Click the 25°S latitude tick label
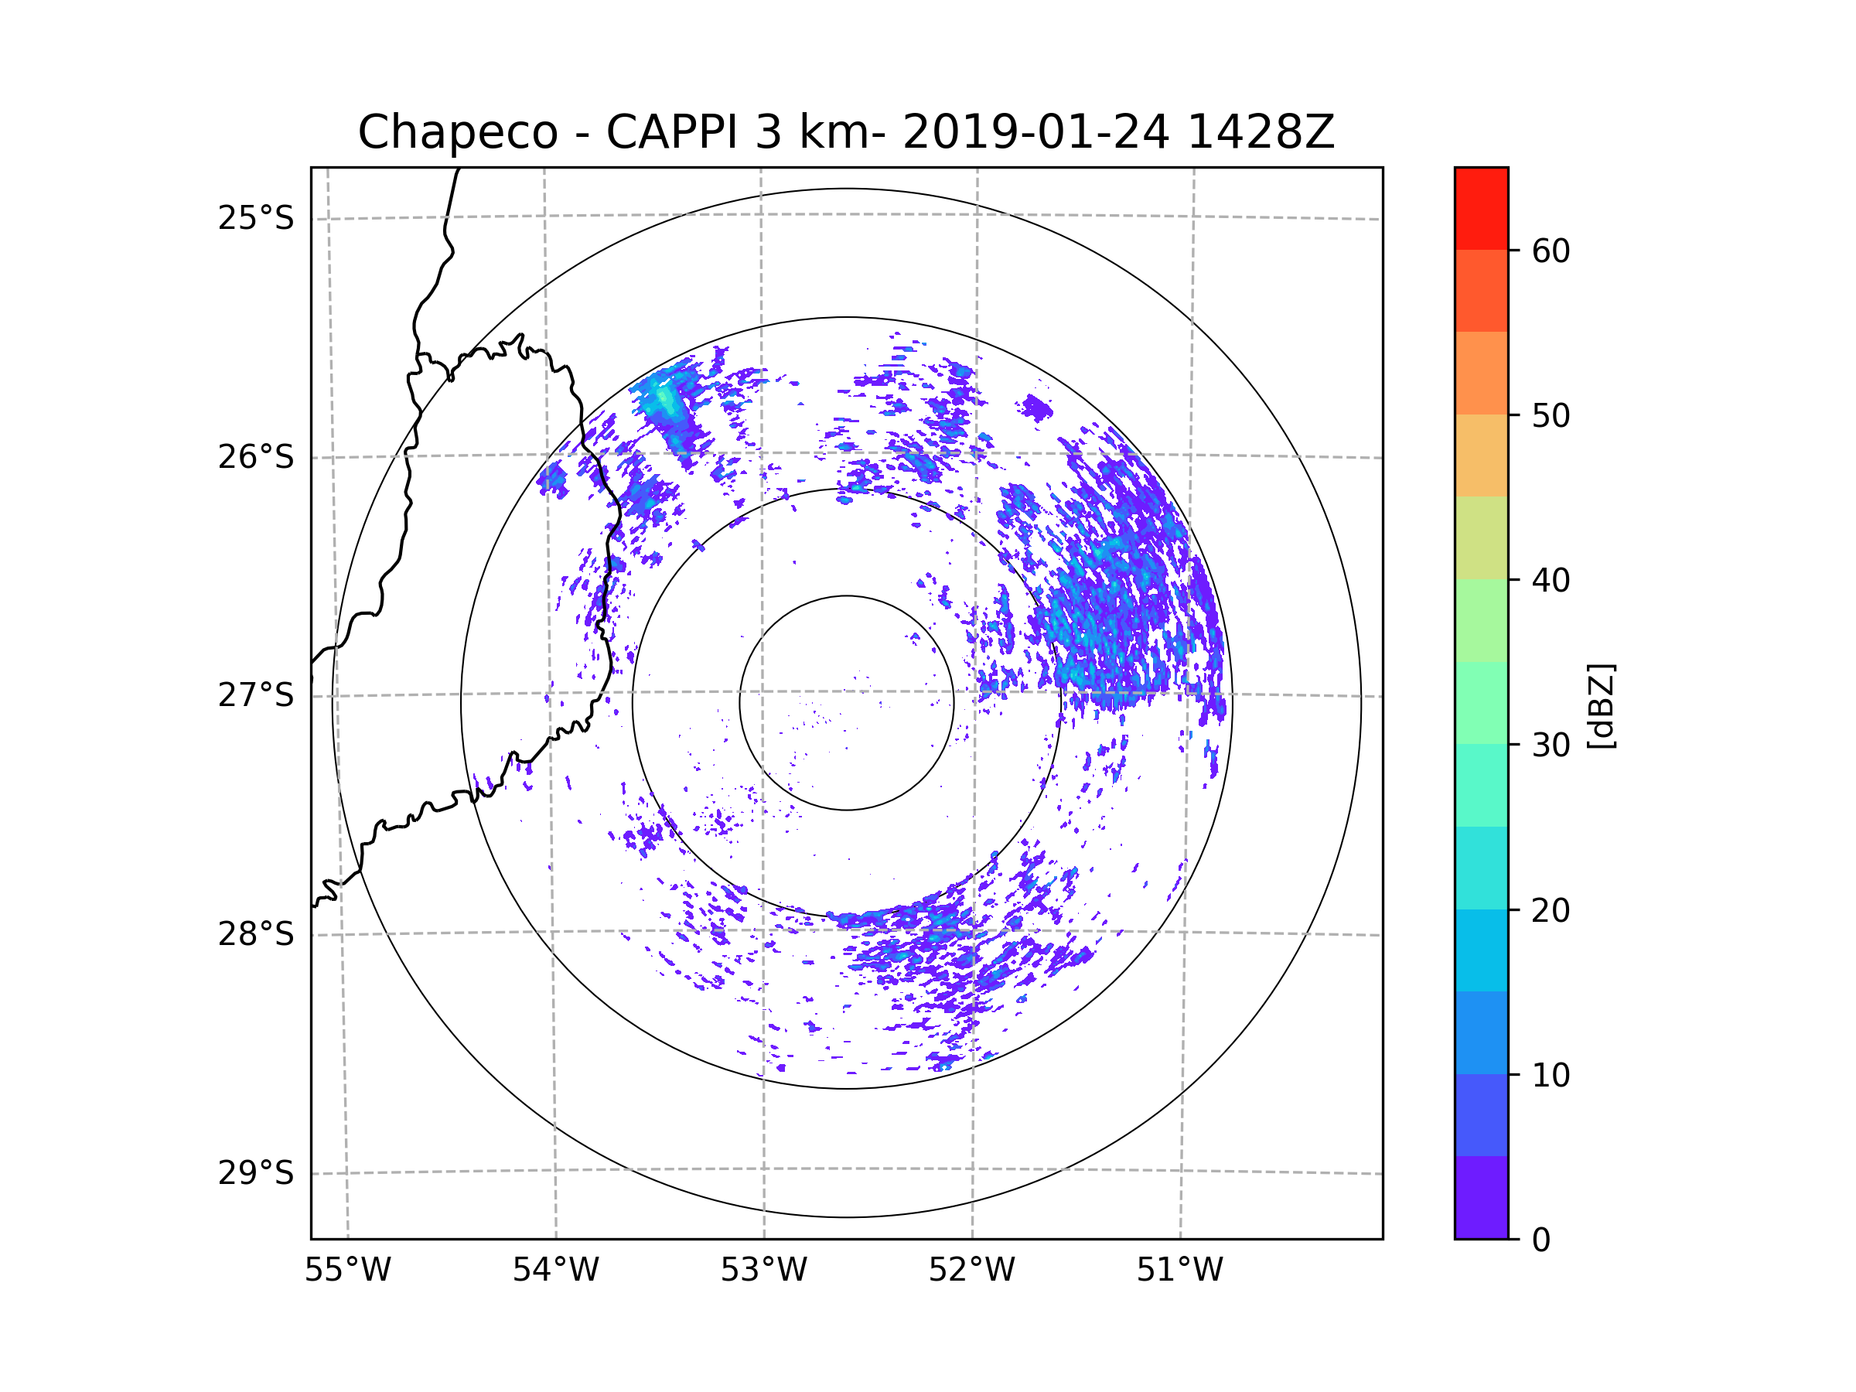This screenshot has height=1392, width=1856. click(256, 218)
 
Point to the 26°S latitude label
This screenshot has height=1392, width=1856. click(256, 457)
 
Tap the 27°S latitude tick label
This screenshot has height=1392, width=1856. click(256, 695)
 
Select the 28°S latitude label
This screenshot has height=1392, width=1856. click(256, 934)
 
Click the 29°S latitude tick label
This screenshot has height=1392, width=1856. click(256, 1173)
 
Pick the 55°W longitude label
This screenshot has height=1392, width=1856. click(347, 1271)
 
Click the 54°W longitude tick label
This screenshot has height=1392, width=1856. click(555, 1271)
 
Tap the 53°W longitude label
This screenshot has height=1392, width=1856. click(763, 1271)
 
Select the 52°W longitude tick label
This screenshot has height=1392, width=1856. click(971, 1271)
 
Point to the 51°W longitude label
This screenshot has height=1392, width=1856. click(1179, 1271)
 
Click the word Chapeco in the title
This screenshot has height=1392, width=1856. click(457, 132)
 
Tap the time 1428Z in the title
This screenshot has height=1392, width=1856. click(1261, 132)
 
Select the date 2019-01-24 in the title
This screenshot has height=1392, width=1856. click(1035, 132)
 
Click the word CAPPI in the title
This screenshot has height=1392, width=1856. click(671, 132)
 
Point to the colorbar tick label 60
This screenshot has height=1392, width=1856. click(1551, 251)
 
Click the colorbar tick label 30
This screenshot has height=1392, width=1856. click(1551, 745)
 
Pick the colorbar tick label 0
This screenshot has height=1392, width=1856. click(1541, 1240)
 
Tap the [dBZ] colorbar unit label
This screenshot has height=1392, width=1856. click(1601, 705)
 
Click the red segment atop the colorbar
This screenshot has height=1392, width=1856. click(1481, 208)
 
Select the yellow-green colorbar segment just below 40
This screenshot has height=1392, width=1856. click(1481, 537)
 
